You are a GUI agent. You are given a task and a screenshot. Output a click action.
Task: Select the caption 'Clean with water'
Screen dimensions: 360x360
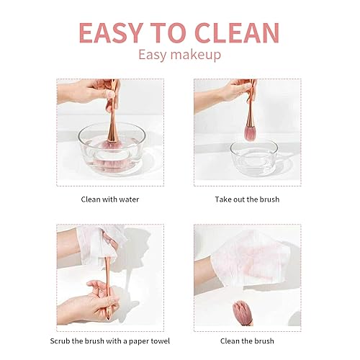(x=109, y=198)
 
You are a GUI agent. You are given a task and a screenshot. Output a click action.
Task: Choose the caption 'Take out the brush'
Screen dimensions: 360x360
(x=247, y=198)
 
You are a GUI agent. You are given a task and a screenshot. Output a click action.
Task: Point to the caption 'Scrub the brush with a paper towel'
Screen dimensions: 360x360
(x=110, y=340)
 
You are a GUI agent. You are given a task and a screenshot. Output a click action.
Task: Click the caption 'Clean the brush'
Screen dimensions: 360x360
(x=247, y=340)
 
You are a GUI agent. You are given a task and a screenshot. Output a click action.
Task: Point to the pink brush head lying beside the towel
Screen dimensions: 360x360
(x=242, y=312)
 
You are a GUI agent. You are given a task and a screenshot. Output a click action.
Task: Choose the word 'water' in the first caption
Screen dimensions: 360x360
(x=129, y=198)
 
